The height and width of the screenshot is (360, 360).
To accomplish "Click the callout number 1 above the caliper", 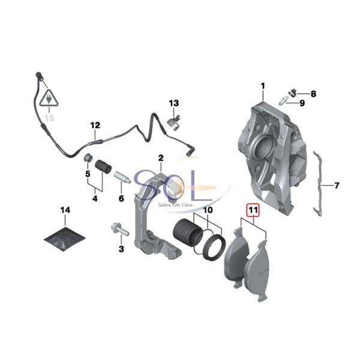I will (263, 88).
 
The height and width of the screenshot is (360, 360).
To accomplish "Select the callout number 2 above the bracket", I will (161, 157).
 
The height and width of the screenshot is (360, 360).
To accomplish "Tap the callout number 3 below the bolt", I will (121, 248).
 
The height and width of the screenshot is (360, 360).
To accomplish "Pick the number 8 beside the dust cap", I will (313, 94).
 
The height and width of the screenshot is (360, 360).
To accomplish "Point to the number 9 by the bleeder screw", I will (302, 104).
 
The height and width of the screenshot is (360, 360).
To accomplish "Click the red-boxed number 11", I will (253, 211).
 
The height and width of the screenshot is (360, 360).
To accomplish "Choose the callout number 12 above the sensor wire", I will (95, 125).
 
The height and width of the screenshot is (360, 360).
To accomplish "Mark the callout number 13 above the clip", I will (173, 103).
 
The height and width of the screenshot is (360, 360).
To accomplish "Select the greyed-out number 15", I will (49, 118).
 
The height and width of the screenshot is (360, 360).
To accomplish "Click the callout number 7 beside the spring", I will (337, 185).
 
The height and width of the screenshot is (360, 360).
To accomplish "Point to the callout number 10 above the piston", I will (207, 211).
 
